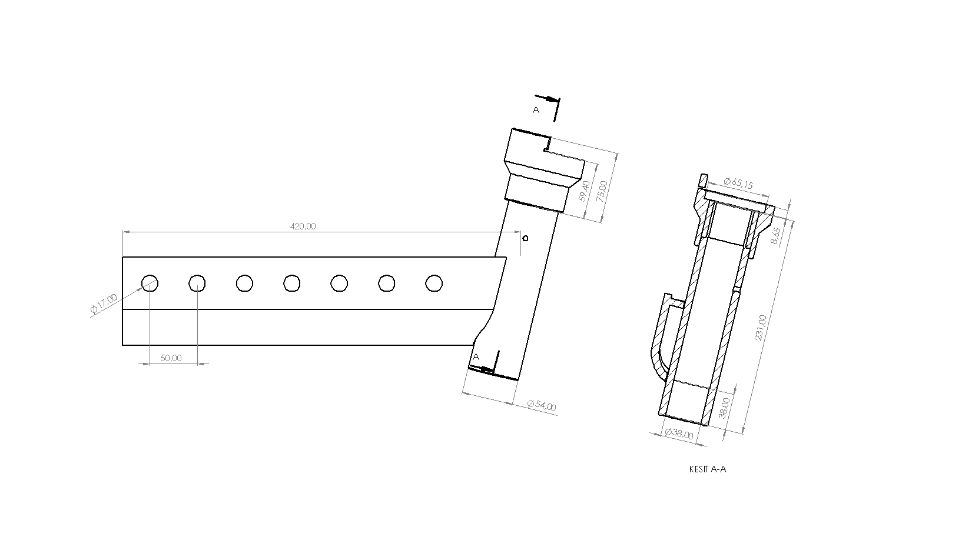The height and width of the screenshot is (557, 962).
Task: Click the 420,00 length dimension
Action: click(303, 226)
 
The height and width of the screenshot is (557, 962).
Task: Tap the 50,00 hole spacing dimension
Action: click(171, 358)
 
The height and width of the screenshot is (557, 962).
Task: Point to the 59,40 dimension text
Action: click(585, 191)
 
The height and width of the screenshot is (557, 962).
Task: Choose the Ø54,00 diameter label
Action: click(542, 405)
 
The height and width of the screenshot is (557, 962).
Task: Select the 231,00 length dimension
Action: click(761, 328)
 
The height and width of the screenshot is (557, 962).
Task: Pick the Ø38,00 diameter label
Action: click(679, 433)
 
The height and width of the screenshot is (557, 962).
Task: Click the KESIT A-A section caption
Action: click(708, 469)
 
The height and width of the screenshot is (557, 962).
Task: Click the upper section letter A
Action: click(536, 109)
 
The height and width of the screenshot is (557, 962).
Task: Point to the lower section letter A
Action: click(476, 356)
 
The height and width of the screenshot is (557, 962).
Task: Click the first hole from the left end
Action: click(150, 283)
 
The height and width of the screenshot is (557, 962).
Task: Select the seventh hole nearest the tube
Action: click(434, 283)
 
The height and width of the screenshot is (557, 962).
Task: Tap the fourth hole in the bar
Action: click(292, 283)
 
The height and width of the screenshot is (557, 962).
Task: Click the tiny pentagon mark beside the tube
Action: click(525, 238)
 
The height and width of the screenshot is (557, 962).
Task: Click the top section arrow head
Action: click(551, 99)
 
